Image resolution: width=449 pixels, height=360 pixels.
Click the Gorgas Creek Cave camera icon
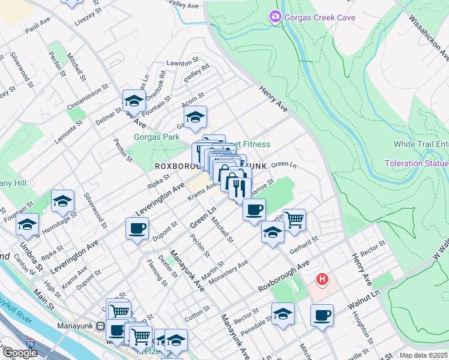click(x=276, y=17)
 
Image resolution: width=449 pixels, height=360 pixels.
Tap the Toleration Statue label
click(x=417, y=163)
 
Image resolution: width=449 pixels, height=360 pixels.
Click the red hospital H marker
click(x=323, y=279)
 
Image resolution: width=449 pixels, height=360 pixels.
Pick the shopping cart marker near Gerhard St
click(x=294, y=220)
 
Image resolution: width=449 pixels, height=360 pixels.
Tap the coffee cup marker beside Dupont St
click(x=137, y=229)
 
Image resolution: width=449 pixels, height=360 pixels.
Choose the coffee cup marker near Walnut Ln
click(x=322, y=315)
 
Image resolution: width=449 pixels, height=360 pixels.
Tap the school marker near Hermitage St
click(x=62, y=202)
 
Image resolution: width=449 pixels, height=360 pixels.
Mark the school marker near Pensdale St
click(x=283, y=314)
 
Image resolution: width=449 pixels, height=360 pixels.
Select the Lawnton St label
click(x=182, y=62)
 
